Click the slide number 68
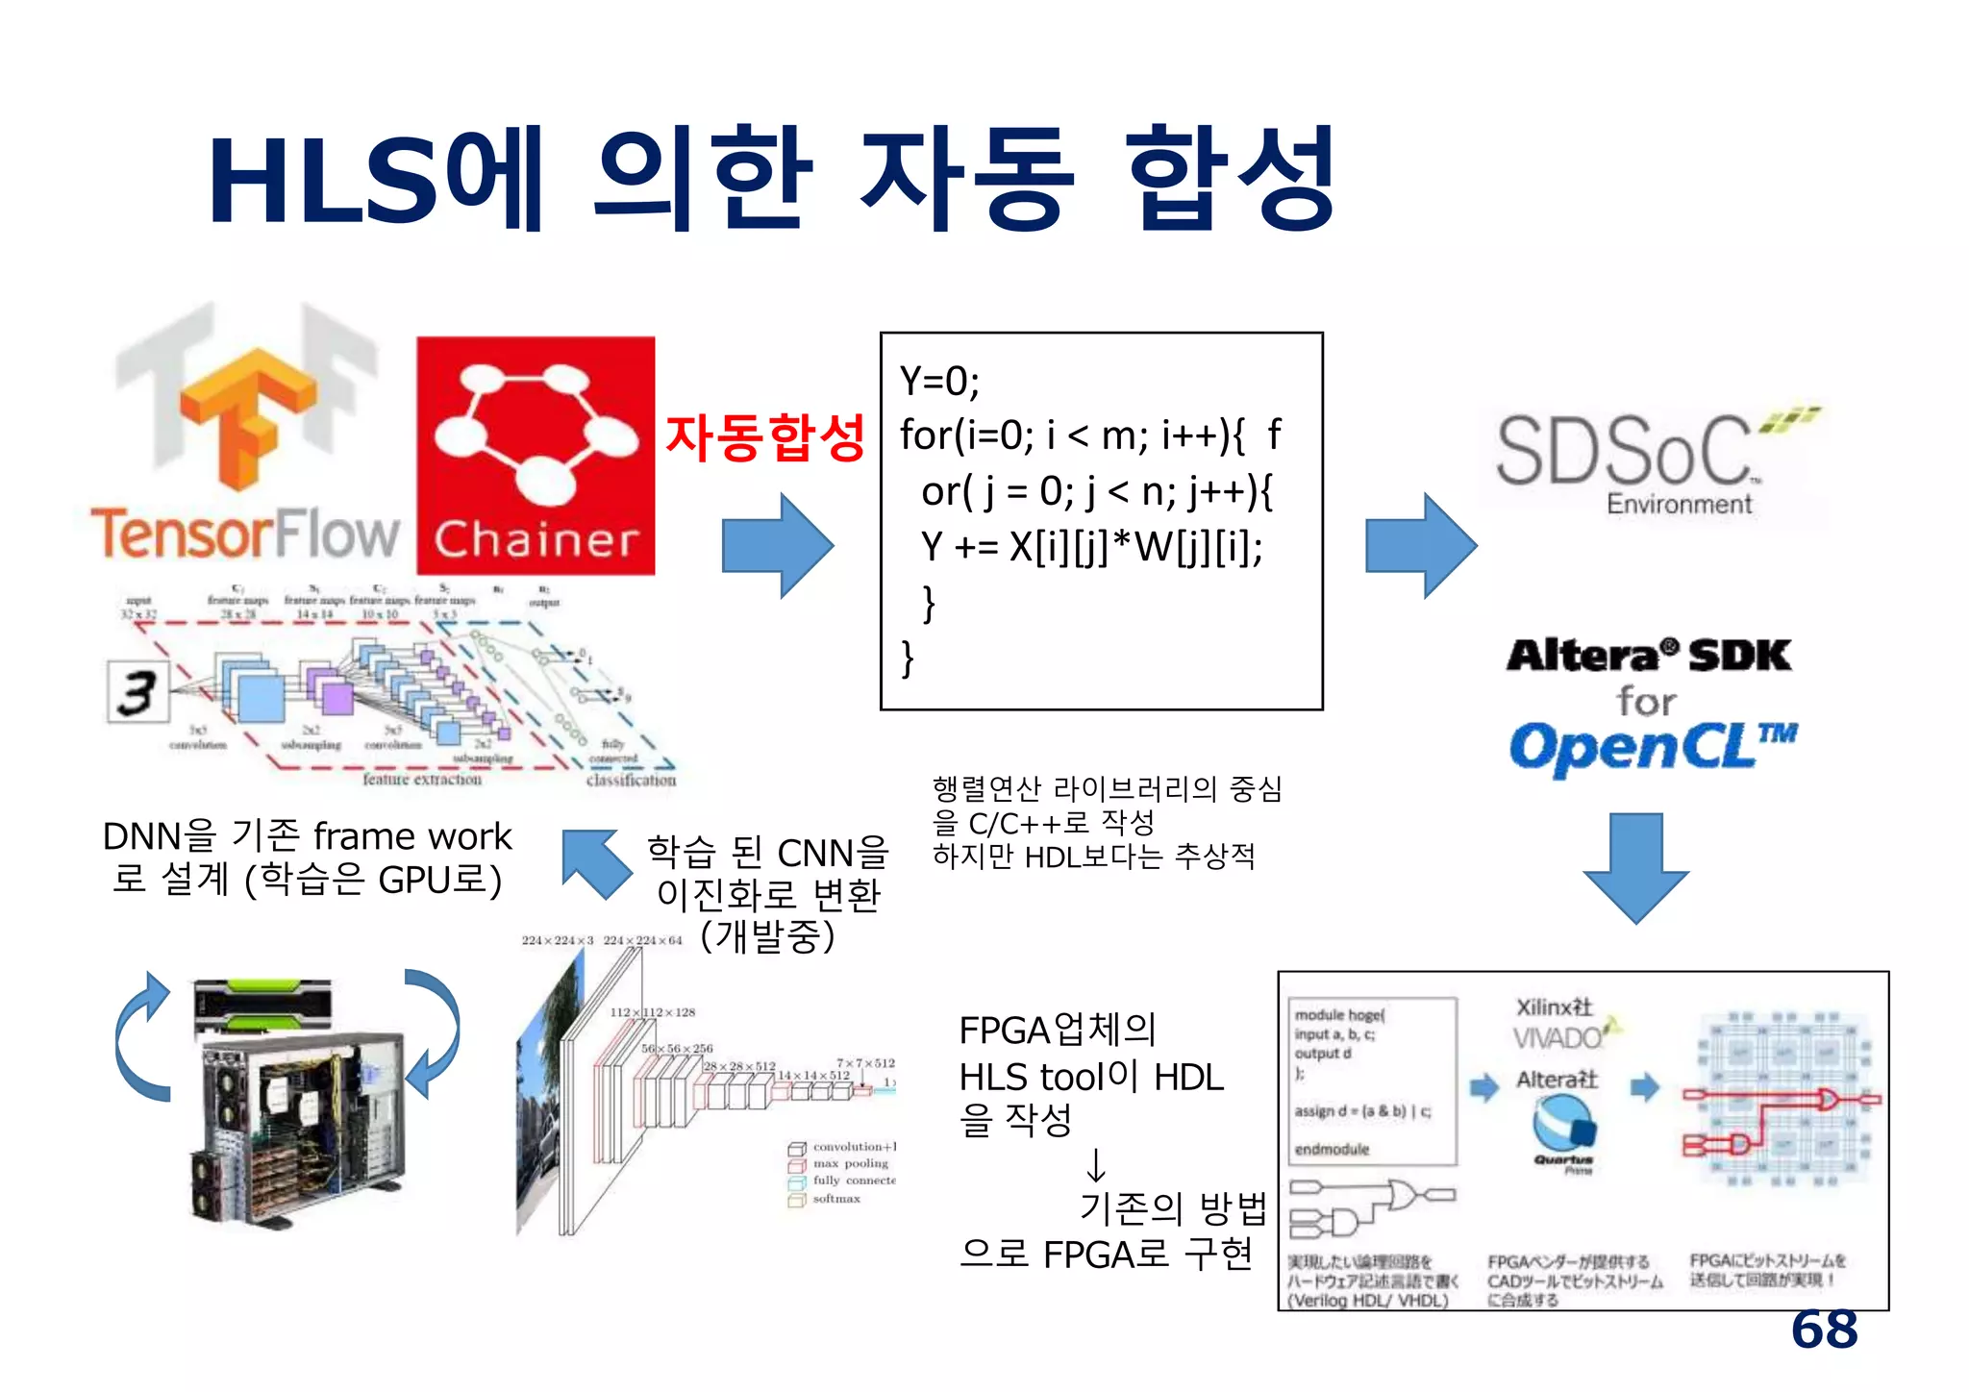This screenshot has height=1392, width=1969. (x=1823, y=1330)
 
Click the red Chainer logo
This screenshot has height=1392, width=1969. (x=536, y=456)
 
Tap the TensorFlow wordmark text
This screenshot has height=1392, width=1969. (x=244, y=534)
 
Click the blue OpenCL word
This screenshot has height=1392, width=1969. (x=1634, y=748)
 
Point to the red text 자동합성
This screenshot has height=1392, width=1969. (x=765, y=437)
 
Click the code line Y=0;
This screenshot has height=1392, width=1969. (x=939, y=382)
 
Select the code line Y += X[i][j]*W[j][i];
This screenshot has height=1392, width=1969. (x=1091, y=547)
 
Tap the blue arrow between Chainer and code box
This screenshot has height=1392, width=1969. (x=777, y=545)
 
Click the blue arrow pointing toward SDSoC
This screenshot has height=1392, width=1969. (x=1420, y=545)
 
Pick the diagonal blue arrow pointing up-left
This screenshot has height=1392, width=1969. (x=596, y=862)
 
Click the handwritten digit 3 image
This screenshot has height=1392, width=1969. (x=137, y=691)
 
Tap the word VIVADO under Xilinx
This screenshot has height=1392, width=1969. (x=1557, y=1038)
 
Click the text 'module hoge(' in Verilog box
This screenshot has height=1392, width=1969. (x=1338, y=1015)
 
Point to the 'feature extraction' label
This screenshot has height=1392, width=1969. (x=421, y=780)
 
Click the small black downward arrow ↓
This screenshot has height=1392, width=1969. (x=1095, y=1166)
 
